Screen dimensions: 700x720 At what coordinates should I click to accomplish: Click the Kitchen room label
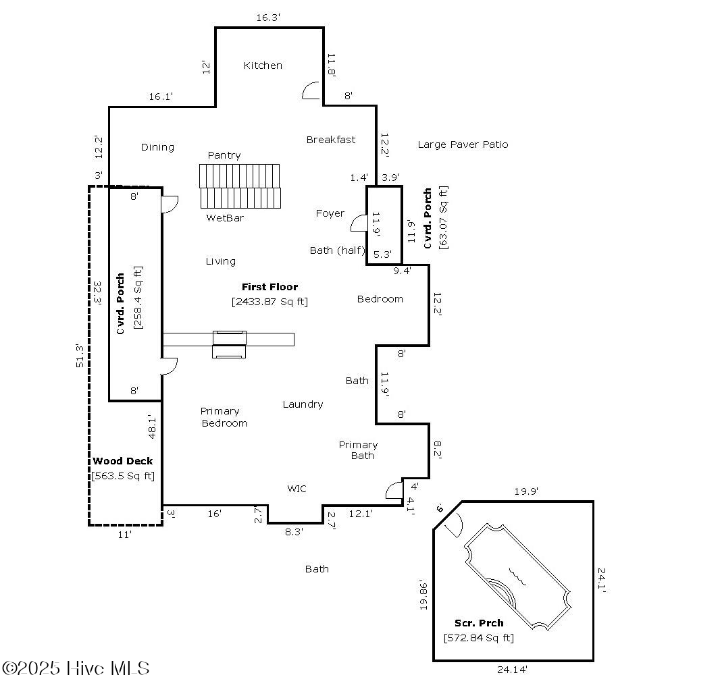point(263,65)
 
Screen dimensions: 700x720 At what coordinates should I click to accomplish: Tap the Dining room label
point(157,147)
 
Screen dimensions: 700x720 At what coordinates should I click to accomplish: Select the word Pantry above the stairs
point(224,155)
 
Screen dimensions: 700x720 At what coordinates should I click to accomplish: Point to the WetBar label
point(225,218)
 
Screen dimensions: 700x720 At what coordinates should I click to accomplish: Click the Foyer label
point(330,213)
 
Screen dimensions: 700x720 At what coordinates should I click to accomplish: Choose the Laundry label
point(303,404)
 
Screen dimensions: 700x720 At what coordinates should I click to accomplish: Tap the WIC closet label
point(297,489)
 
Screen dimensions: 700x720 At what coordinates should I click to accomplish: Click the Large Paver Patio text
point(463,144)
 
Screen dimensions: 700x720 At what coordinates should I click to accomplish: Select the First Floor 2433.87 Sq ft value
point(269,302)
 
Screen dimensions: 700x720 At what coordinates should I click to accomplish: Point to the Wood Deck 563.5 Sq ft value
point(123,476)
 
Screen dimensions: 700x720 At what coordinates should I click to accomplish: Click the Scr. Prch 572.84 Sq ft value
point(478,638)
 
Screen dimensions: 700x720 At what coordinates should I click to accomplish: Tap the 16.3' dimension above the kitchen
point(268,18)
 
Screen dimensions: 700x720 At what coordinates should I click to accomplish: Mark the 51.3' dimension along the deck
point(80,356)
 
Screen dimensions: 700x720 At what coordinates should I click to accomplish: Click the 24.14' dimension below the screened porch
point(511,670)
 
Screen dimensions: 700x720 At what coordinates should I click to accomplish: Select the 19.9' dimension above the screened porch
point(525,491)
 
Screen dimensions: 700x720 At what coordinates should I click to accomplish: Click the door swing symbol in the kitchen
point(311,91)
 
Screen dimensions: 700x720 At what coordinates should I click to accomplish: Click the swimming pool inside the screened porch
point(517,577)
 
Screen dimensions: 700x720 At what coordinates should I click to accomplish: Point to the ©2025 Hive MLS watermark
point(76,668)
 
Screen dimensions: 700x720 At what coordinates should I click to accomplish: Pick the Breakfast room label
point(331,140)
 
